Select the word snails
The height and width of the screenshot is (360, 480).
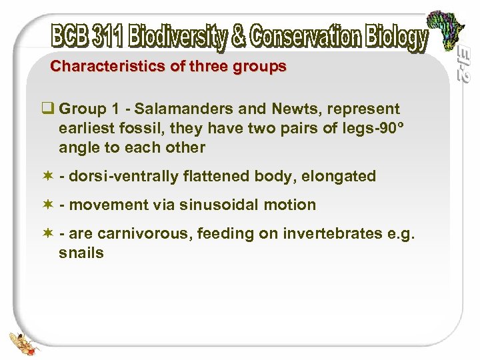pyautogui.click(x=81, y=253)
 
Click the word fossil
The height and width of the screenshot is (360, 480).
pyautogui.click(x=133, y=128)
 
